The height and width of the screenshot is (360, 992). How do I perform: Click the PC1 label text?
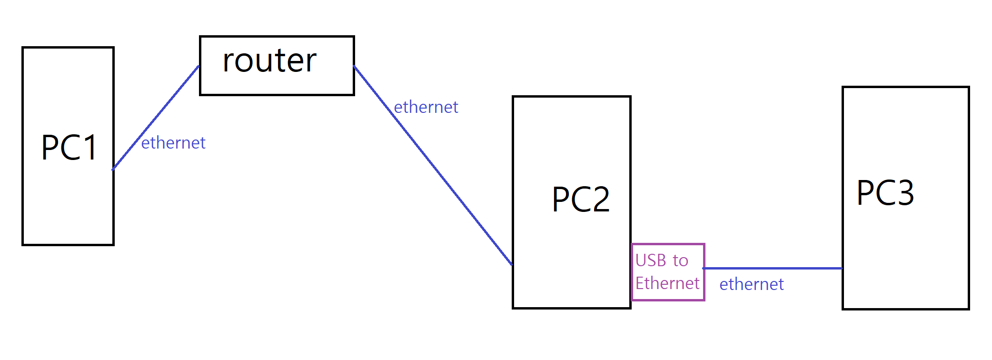point(69,148)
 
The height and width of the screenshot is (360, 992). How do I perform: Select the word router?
point(269,61)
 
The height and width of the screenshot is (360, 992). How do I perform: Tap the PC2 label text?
point(581,199)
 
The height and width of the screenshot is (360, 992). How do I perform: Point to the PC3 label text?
point(885,193)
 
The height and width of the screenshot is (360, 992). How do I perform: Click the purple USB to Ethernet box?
point(668,272)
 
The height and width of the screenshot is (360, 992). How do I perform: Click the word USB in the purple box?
point(650,260)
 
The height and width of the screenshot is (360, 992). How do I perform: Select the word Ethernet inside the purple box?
point(667,283)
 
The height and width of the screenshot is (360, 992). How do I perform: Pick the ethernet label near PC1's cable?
point(173,143)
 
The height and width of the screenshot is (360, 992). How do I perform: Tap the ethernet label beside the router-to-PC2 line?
point(426,107)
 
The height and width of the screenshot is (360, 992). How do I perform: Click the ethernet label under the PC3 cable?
point(751,284)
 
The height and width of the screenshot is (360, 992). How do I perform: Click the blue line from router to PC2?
point(433,166)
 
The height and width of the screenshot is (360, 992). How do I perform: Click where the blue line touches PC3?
point(842,268)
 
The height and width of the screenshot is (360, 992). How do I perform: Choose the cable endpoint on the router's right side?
point(354,66)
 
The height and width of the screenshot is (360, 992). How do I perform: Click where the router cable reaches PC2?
point(512,264)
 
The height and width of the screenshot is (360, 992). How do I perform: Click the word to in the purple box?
point(680,260)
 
